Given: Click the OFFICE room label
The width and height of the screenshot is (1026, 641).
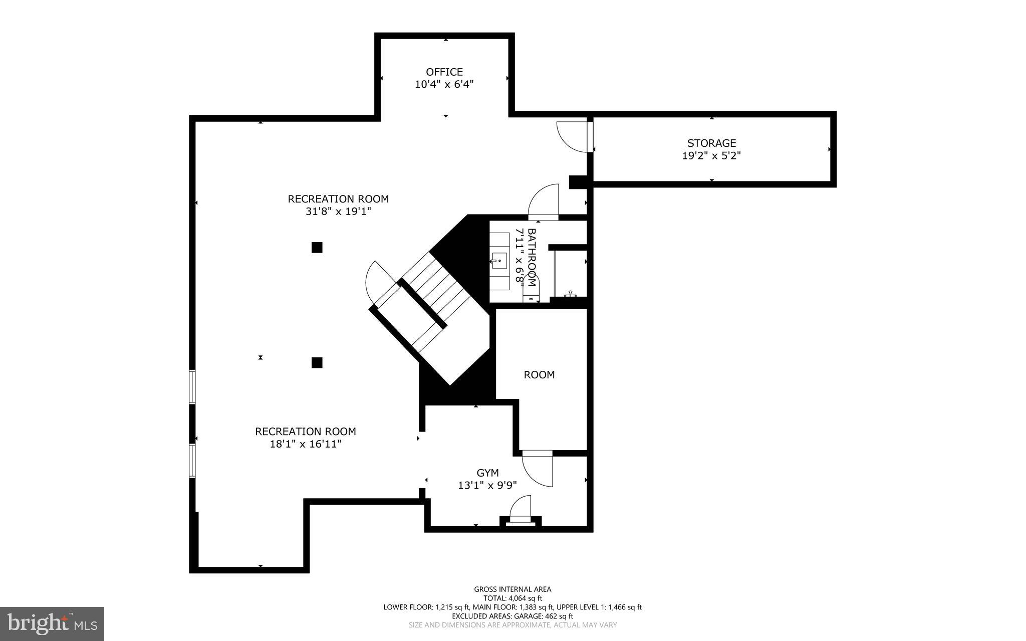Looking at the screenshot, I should [444, 72].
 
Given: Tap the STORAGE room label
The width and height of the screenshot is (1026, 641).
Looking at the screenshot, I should [711, 143].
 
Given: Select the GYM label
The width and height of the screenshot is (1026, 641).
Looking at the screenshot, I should [487, 473].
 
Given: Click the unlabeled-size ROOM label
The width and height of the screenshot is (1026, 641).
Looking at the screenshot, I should [539, 375].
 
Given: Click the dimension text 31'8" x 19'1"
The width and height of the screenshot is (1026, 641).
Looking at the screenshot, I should [338, 211].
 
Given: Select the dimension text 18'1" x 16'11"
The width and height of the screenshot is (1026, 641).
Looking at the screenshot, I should [306, 444].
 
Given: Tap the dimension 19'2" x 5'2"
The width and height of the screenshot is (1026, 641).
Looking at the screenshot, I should [711, 156].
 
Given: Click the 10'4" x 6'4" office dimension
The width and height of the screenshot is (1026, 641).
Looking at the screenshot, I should [444, 85].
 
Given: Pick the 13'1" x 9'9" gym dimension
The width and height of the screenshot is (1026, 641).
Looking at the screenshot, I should [487, 485].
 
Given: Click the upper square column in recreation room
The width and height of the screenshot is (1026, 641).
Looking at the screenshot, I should [317, 248].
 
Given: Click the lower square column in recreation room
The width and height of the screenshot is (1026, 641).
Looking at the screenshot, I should [317, 362].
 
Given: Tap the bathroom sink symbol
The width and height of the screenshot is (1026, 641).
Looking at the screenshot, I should [499, 261].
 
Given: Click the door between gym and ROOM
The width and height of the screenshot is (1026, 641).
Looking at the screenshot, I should [538, 469].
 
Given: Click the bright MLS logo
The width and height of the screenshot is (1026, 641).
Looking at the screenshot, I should [52, 624].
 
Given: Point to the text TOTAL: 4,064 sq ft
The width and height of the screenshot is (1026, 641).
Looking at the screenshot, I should [512, 598].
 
